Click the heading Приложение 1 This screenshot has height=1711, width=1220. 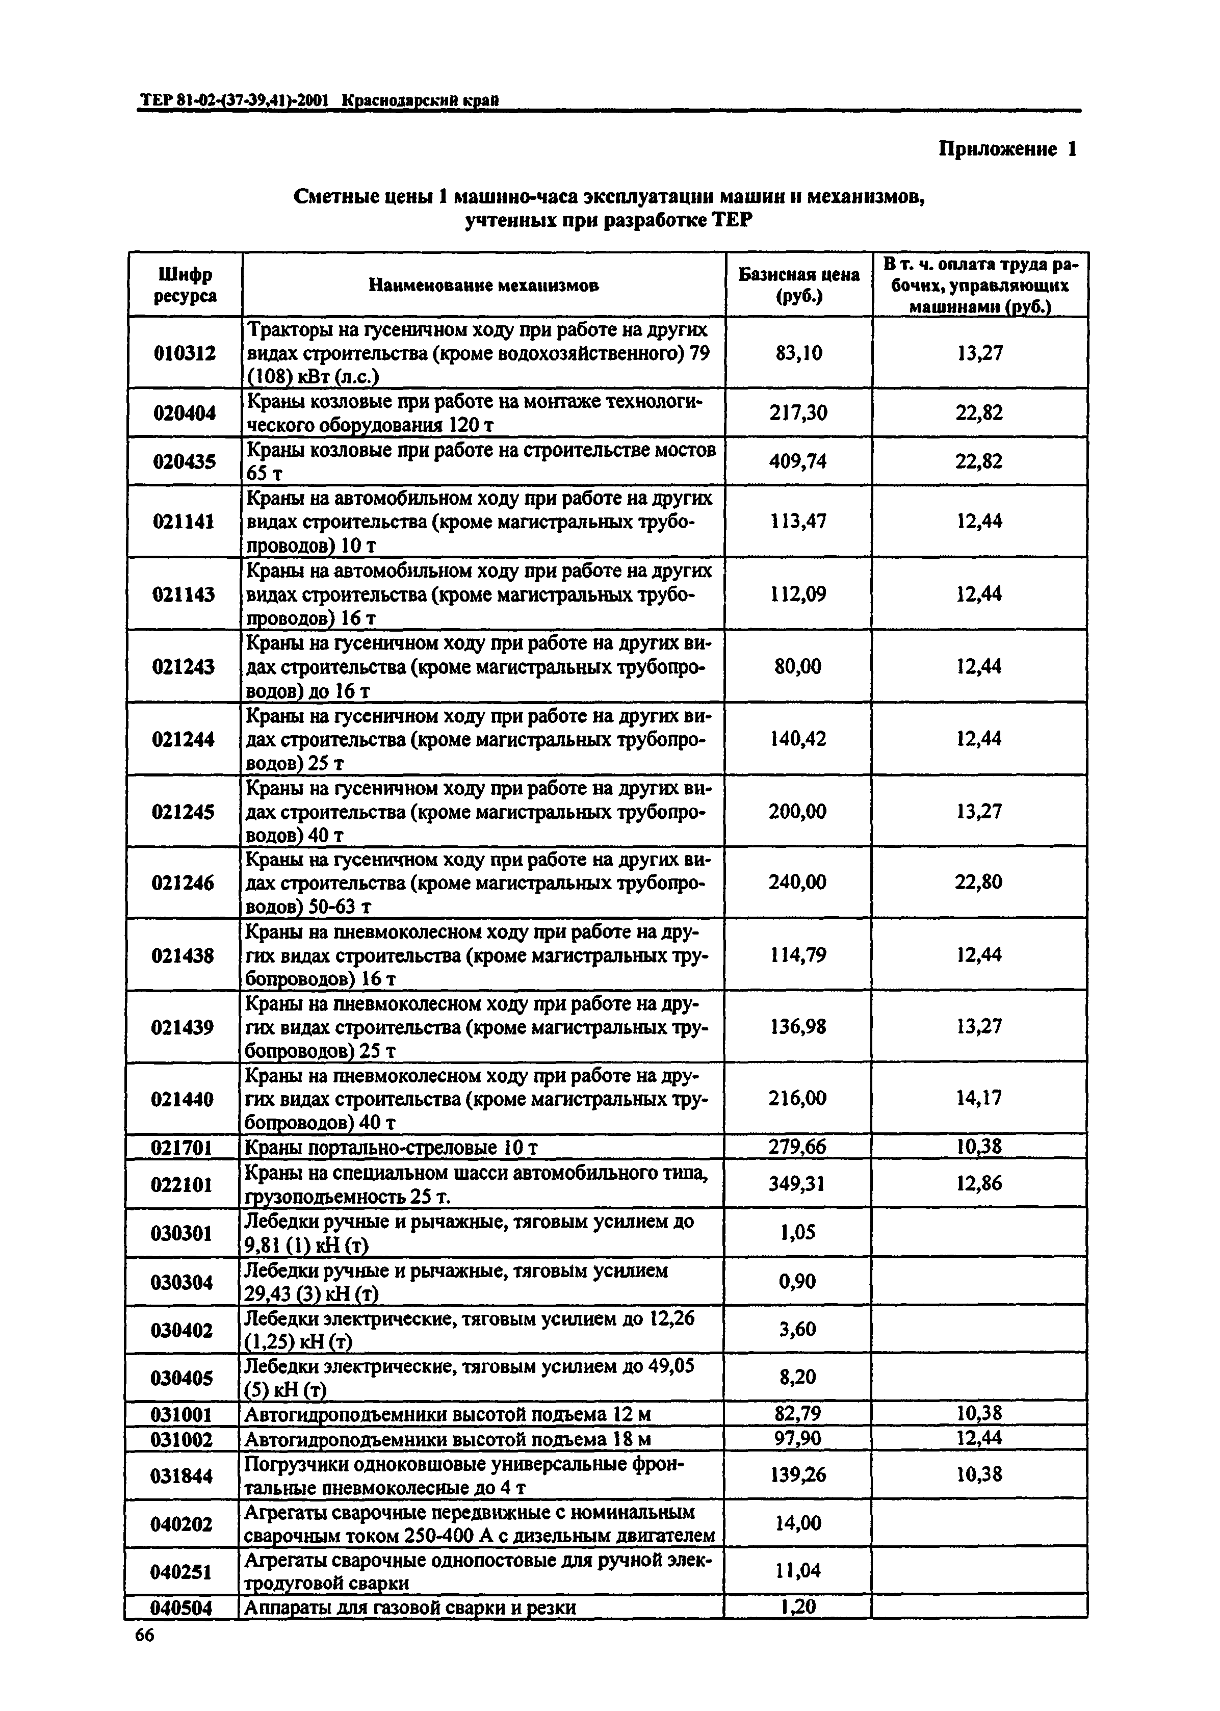(1007, 149)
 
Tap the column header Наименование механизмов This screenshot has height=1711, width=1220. (484, 286)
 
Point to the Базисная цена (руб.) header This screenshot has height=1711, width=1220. (798, 286)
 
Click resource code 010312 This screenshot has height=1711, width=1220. (185, 353)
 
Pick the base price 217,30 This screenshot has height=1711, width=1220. (798, 412)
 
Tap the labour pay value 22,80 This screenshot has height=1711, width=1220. (979, 882)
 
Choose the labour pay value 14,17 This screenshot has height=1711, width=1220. (979, 1098)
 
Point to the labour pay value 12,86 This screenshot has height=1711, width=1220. (979, 1184)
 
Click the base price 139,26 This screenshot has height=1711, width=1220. (798, 1475)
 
